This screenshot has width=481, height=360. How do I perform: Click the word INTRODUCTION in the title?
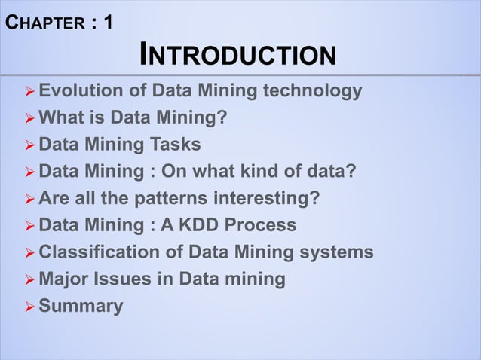click(x=237, y=56)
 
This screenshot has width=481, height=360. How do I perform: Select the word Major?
click(x=63, y=279)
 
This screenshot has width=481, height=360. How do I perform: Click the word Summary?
click(x=81, y=307)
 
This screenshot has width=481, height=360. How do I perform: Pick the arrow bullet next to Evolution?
click(x=29, y=93)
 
